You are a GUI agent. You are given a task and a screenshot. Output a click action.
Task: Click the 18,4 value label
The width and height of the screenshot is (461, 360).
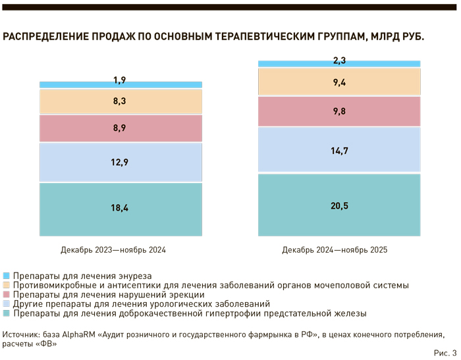[119, 208]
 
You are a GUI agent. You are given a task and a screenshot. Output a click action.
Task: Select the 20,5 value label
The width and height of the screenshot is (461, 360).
[339, 205]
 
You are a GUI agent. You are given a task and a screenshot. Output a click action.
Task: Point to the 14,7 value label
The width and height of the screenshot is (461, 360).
[339, 151]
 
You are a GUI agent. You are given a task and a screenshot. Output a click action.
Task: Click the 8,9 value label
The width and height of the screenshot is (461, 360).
[119, 128]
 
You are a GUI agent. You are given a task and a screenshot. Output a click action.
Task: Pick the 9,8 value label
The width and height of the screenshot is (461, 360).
[339, 111]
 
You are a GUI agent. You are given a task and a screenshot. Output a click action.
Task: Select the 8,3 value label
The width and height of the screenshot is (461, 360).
[119, 102]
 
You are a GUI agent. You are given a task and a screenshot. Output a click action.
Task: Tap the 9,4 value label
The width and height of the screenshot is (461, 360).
[339, 82]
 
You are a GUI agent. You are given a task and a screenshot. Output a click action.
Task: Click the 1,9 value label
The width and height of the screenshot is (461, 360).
[119, 81]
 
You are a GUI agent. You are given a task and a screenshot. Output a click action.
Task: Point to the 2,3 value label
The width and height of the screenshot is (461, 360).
[339, 61]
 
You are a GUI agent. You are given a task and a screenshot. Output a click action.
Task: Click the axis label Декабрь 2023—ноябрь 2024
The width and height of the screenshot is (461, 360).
[113, 250]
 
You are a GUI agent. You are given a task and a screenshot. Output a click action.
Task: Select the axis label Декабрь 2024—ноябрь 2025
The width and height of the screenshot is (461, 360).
[335, 250]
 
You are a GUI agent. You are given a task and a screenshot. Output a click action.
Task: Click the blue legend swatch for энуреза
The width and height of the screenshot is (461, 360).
[7, 276]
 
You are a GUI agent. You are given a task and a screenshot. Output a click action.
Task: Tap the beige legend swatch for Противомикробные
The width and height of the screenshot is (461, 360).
[7, 285]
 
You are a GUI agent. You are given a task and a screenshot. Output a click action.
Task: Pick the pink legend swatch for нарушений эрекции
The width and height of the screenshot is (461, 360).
[7, 295]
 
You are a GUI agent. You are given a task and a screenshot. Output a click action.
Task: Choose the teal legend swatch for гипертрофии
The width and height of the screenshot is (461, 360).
[7, 313]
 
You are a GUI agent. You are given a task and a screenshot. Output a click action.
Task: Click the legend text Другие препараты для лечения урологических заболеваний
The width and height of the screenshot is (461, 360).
[142, 304]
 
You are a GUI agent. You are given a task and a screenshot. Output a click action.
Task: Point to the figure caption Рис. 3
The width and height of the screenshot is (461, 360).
[445, 353]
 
